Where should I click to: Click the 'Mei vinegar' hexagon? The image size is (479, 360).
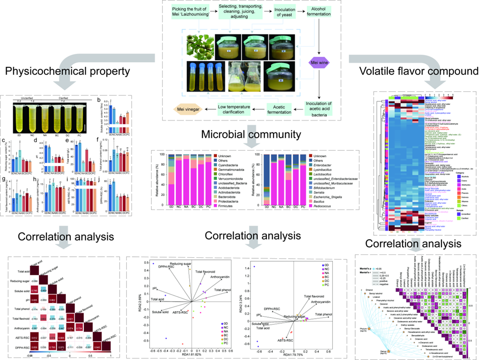(191, 109)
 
